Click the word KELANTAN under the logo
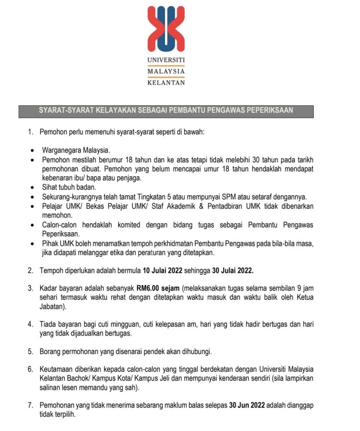(x=166, y=83)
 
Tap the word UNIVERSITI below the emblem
(x=166, y=61)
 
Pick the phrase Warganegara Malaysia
(x=76, y=150)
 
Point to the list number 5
(x=30, y=351)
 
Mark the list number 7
(x=30, y=405)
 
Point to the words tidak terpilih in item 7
(x=57, y=414)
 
